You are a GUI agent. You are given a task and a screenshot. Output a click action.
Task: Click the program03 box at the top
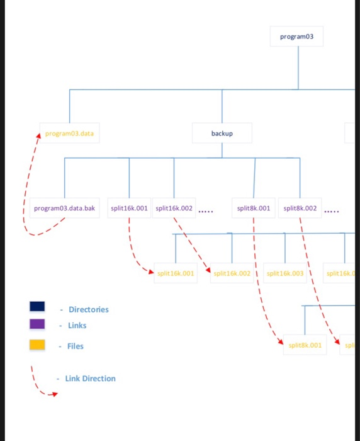coord(298,37)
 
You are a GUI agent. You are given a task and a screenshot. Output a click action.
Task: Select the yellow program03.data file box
coord(69,134)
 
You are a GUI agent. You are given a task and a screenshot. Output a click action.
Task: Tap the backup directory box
coord(222,134)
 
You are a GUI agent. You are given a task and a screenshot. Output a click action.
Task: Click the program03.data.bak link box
coord(64,208)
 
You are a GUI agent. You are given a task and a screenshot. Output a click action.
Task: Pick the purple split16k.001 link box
coord(129,208)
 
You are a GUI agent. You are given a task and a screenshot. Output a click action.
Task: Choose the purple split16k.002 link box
coord(174,208)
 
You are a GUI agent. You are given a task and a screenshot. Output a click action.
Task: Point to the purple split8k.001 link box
coord(254,208)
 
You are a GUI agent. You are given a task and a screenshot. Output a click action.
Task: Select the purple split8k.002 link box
coord(300,208)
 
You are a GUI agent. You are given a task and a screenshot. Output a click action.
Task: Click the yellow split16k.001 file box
coord(176,273)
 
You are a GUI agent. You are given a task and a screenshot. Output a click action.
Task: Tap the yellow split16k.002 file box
coord(232,273)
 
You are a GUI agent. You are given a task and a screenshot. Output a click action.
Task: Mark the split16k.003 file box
coord(285,273)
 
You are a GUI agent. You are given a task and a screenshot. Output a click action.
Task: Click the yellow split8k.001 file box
coord(305,345)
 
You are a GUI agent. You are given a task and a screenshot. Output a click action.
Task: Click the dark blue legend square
coord(37,306)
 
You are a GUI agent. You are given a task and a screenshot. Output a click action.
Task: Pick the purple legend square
coord(37,324)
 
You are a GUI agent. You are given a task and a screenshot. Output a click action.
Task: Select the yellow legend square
coord(37,345)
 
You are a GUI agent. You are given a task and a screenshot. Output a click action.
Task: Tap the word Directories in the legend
coord(89,309)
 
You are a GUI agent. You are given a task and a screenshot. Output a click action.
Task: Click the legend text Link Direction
coord(90,379)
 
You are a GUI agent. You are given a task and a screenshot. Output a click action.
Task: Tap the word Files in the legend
coord(76,346)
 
